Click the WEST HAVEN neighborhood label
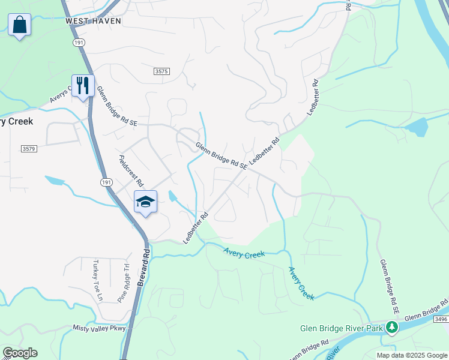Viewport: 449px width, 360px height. pyautogui.click(x=94, y=21)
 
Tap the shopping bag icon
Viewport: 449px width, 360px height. pyautogui.click(x=20, y=26)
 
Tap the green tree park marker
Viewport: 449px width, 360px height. pyautogui.click(x=392, y=328)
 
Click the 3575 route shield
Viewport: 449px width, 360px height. pyautogui.click(x=161, y=71)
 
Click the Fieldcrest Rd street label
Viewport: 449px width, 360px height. pyautogui.click(x=131, y=171)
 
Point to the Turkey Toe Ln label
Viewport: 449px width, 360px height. pyautogui.click(x=98, y=280)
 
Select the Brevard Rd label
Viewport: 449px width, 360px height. pyautogui.click(x=142, y=267)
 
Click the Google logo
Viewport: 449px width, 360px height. pyautogui.click(x=20, y=353)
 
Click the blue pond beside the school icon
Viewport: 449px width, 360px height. pyautogui.click(x=173, y=196)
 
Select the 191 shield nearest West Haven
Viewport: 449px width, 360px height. pyautogui.click(x=78, y=43)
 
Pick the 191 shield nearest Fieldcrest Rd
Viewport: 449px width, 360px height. pyautogui.click(x=106, y=182)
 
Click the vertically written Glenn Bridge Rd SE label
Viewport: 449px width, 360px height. pyautogui.click(x=389, y=287)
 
